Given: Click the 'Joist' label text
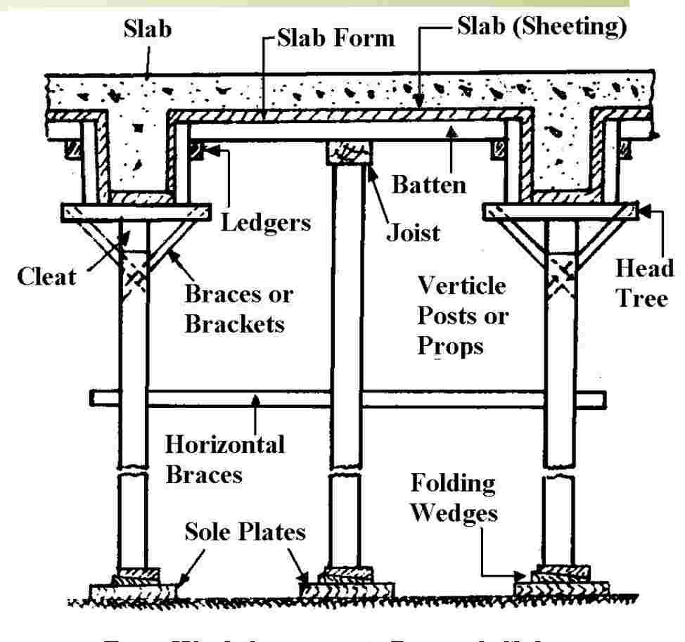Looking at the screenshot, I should point(413,231).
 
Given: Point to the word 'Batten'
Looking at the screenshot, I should point(428,185).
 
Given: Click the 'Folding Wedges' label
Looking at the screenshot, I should point(454,498).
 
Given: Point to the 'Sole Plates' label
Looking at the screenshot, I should point(245,532).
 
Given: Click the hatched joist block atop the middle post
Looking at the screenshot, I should point(350,153).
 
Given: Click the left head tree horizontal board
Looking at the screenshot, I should point(136,211).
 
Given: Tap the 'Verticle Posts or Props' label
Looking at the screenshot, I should point(461,316).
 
